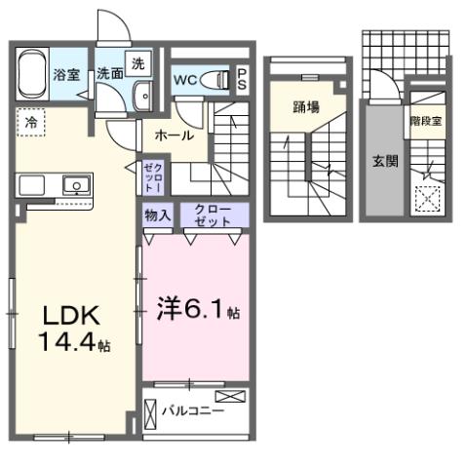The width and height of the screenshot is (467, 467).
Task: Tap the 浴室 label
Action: pyautogui.click(x=65, y=74)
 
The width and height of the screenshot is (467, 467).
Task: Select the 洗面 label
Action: pyautogui.click(x=107, y=74)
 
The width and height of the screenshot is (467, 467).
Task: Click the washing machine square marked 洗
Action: pyautogui.click(x=139, y=63)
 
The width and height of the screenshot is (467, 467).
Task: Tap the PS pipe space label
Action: pyautogui.click(x=242, y=79)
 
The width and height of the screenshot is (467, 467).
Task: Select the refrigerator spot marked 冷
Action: pyautogui.click(x=31, y=123)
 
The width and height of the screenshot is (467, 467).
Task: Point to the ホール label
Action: pyautogui.click(x=173, y=135)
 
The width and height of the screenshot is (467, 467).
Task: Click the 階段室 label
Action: pyautogui.click(x=426, y=121)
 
